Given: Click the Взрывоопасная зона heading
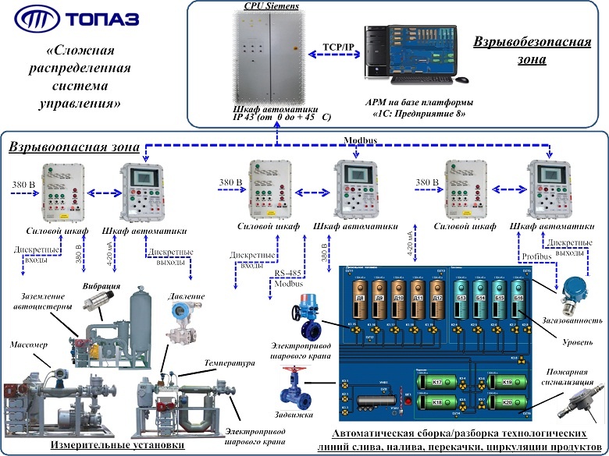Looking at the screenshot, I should tap(75, 147).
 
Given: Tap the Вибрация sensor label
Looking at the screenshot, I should tap(101, 286).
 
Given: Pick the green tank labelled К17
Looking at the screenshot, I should tap(436, 382).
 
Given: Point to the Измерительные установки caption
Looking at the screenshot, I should tap(118, 445).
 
